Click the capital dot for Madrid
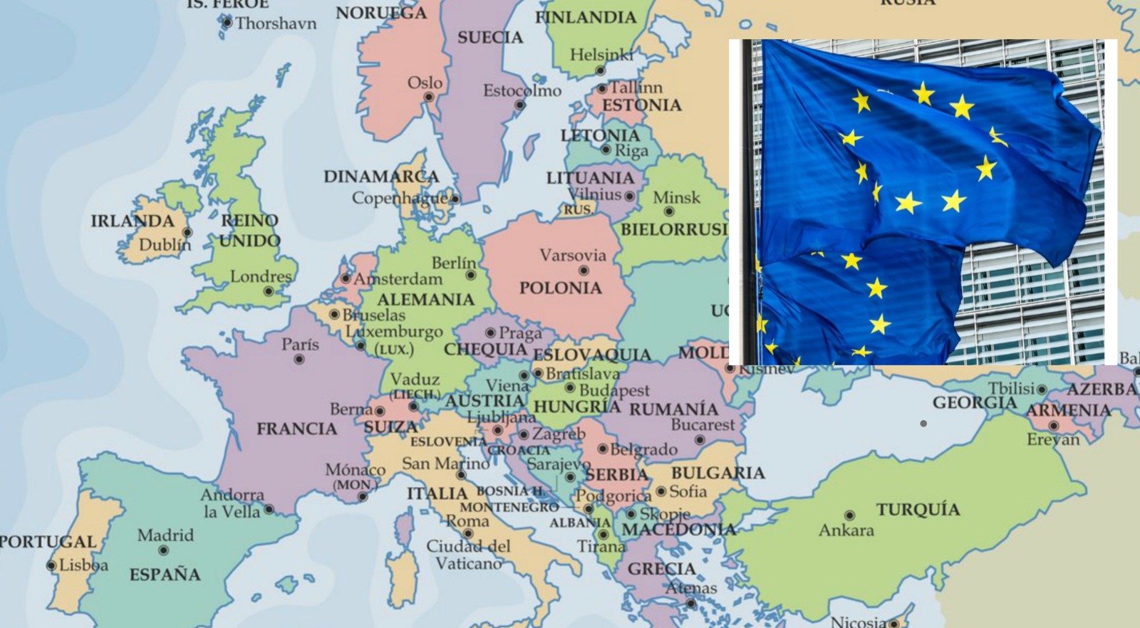pos(163,550)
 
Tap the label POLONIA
pos(560,288)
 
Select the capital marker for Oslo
pos(429,97)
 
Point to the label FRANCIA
pos(296,429)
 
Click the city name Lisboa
pos(83,565)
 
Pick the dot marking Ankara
pos(849,515)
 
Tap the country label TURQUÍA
pos(918,510)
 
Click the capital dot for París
pos(299,360)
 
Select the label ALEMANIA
pos(426,300)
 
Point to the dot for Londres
pos(269,291)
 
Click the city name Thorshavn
pos(276,23)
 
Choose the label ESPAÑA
pos(165,575)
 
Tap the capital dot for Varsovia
pos(584,271)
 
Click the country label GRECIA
pos(661,569)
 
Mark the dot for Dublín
pos(187,232)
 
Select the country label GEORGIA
pos(975,403)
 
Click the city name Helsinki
pos(601,55)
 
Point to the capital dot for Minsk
pos(669,211)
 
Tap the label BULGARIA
pos(717,473)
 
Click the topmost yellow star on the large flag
pos(923,93)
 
